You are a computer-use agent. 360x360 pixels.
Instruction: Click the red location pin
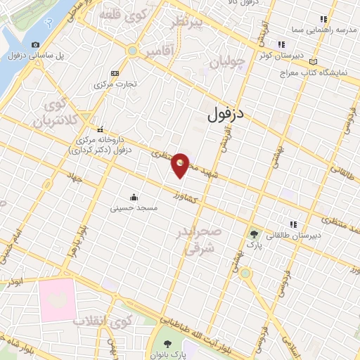click(181, 164)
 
